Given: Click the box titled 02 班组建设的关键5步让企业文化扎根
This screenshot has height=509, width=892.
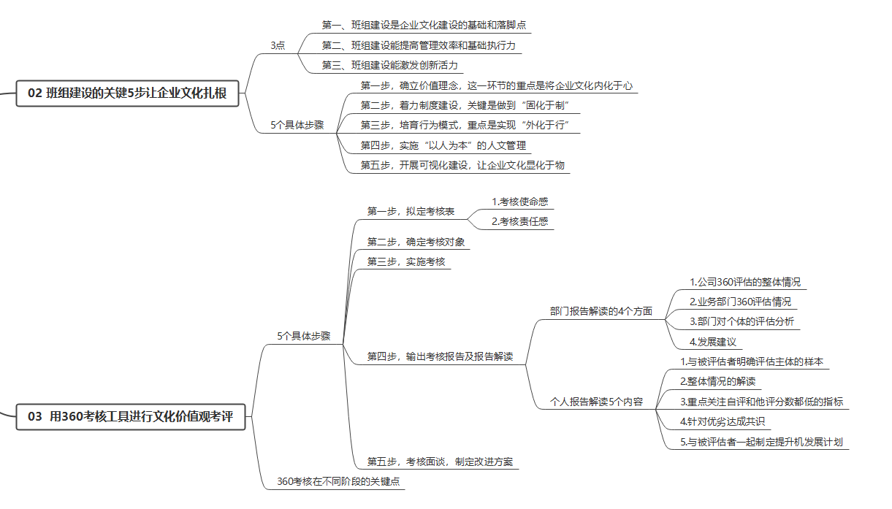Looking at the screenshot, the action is pos(127,93).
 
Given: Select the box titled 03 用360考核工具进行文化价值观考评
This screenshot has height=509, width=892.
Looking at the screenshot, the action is pos(131,417).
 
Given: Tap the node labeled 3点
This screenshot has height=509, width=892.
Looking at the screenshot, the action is pos(278,45).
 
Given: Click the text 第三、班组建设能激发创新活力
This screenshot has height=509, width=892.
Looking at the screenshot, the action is pos(390,65).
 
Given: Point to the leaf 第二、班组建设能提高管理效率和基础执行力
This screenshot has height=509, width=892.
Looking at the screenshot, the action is pos(419,45).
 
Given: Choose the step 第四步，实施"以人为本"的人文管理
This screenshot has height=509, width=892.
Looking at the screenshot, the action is pos(443,145).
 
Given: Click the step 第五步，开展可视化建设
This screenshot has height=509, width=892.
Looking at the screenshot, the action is pos(462,165).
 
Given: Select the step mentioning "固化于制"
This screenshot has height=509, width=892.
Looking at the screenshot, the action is pos(465,105).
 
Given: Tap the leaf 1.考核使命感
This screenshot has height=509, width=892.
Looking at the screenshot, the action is pos(519,202).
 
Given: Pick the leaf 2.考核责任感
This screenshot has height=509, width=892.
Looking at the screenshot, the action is pos(519,222).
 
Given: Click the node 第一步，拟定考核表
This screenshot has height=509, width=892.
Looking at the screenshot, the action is pos(411,211).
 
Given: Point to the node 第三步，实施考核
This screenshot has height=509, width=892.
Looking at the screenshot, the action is pos(405,262).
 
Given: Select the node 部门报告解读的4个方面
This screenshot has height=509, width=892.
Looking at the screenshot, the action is pos(601,311).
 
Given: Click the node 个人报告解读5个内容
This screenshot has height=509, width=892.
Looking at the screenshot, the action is pos(597,402).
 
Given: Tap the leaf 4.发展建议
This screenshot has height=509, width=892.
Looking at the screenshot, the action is pos(713,342).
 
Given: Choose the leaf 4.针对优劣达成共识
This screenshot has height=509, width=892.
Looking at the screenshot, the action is pos(723,421).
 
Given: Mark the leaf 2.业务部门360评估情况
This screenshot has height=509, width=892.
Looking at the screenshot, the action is pos(740,302).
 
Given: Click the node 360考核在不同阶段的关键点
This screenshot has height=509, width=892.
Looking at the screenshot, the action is pos(338,481).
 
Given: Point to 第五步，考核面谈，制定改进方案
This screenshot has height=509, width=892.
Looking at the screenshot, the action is pos(440,462).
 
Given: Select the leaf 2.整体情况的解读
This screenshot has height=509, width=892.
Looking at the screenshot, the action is pos(717,382).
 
